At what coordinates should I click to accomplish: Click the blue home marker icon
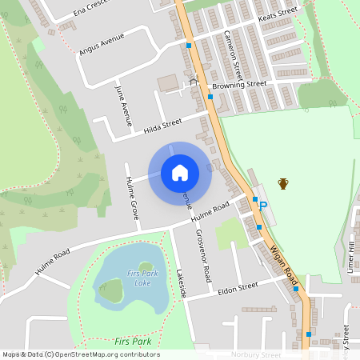tap(180, 173)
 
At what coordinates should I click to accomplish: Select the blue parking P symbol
tap(265, 207)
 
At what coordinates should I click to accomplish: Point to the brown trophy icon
tap(282, 184)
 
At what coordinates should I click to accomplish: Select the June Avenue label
tap(124, 106)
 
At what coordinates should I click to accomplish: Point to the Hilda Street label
tap(162, 126)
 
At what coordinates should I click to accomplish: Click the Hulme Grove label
tap(132, 198)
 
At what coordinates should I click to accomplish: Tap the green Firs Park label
tap(133, 342)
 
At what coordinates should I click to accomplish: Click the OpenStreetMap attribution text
tap(80, 354)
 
